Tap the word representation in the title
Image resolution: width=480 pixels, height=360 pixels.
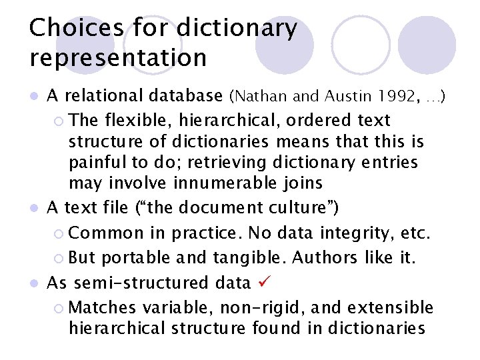pos(118,58)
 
